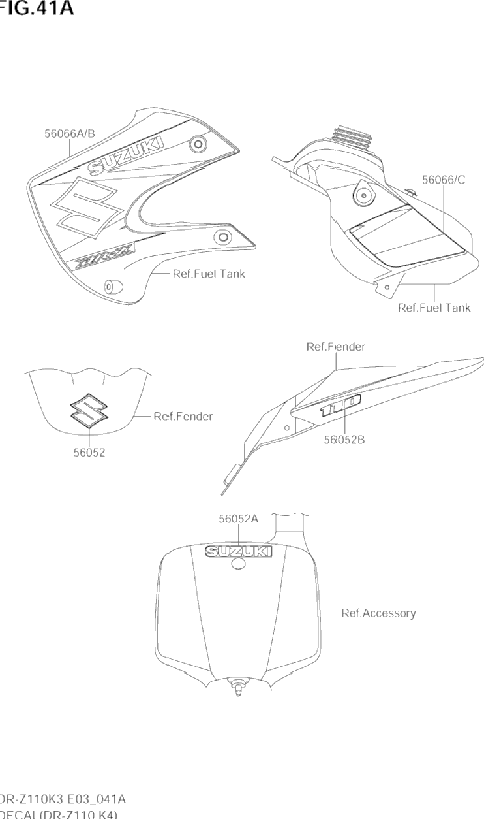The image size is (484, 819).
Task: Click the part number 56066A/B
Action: pyautogui.click(x=70, y=133)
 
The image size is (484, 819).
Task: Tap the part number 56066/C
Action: pyautogui.click(x=444, y=180)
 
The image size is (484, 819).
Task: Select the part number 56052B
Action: pyautogui.click(x=344, y=440)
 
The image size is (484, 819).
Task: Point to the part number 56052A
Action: pyautogui.click(x=239, y=519)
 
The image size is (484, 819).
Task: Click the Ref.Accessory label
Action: pyautogui.click(x=378, y=613)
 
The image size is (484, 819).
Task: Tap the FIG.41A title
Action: pyautogui.click(x=36, y=9)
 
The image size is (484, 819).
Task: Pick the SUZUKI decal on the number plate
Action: pyautogui.click(x=239, y=552)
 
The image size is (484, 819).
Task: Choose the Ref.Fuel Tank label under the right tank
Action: pyautogui.click(x=434, y=308)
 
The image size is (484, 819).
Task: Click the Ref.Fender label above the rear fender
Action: pyautogui.click(x=335, y=347)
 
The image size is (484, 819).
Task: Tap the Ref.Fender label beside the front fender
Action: pyautogui.click(x=183, y=416)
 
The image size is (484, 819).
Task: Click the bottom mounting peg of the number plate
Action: pyautogui.click(x=239, y=689)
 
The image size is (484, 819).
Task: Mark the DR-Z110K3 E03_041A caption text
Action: pyautogui.click(x=63, y=799)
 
